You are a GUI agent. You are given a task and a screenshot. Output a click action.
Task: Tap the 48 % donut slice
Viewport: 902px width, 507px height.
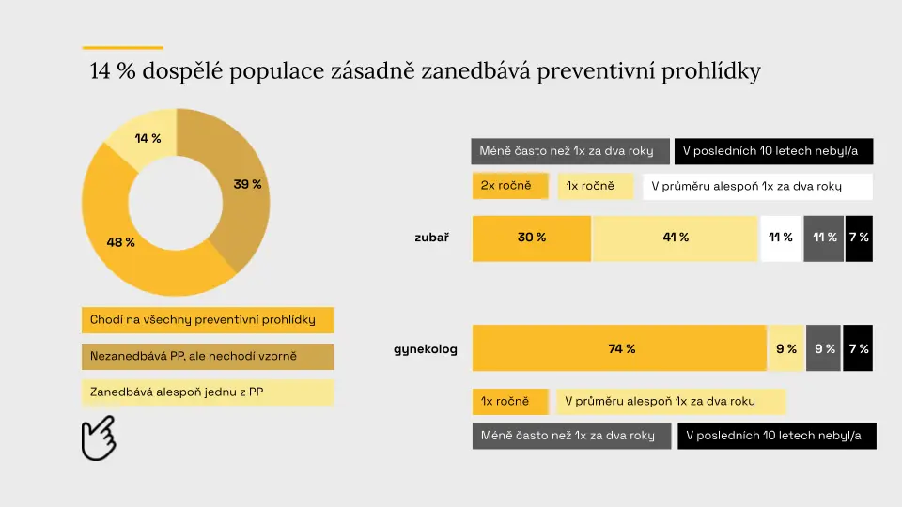click(124, 241)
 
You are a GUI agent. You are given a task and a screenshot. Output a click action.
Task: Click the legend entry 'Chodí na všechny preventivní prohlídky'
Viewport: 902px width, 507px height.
click(208, 320)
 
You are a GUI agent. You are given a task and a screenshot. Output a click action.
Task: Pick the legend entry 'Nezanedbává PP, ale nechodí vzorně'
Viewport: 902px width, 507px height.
click(208, 357)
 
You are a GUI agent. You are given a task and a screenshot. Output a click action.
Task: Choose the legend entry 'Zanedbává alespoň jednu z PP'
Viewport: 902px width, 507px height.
click(208, 392)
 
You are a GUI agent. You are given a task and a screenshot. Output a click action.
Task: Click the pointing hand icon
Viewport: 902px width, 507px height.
click(99, 438)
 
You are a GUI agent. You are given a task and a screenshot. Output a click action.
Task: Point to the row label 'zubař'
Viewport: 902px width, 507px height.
click(431, 238)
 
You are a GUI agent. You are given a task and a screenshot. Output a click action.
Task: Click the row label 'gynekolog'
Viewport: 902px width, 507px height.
click(425, 349)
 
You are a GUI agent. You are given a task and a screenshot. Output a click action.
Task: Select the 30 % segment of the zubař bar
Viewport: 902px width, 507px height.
click(532, 238)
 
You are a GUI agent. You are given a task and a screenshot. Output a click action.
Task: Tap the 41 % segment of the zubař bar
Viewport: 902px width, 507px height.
click(675, 238)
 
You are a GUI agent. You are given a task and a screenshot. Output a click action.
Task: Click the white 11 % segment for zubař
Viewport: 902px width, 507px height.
click(781, 238)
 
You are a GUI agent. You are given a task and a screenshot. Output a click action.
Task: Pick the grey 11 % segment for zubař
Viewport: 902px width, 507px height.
click(824, 238)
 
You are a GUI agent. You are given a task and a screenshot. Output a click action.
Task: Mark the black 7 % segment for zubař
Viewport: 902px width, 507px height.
click(859, 238)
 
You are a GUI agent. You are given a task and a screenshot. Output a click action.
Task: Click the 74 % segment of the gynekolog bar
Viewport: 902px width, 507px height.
click(619, 348)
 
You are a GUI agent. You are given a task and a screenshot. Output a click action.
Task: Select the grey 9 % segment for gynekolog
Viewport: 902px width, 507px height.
click(823, 348)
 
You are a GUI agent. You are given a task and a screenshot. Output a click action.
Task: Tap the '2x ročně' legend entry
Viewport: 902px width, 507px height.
click(510, 186)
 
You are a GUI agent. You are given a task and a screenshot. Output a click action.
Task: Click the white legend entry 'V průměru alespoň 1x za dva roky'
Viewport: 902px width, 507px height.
click(757, 186)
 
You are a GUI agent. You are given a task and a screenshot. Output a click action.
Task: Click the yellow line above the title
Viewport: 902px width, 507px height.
click(122, 47)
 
